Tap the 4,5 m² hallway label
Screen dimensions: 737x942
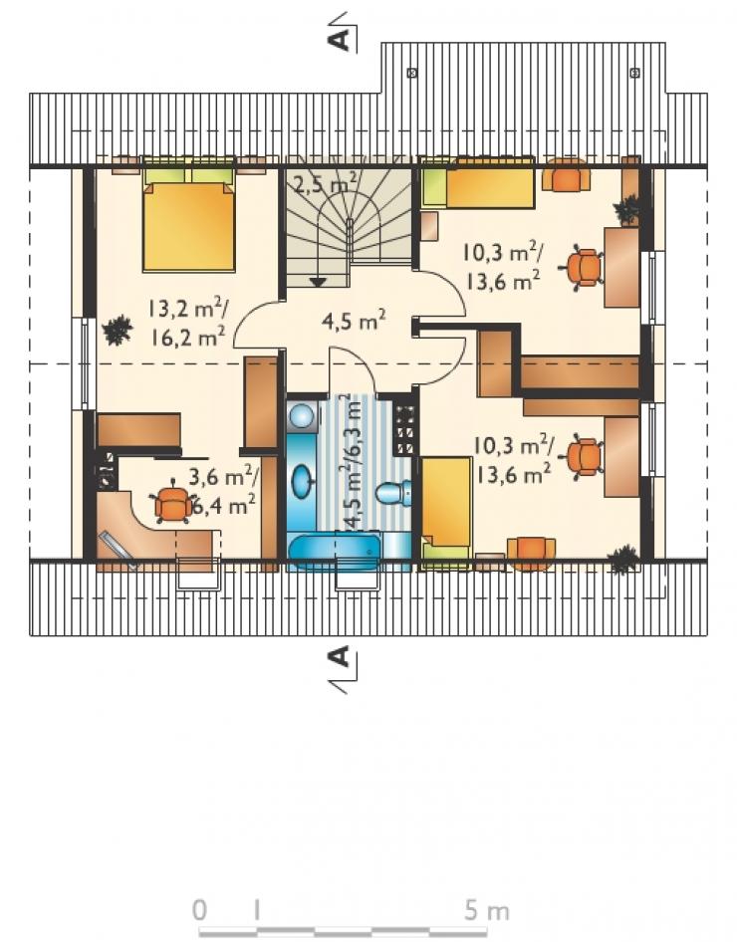point(354,321)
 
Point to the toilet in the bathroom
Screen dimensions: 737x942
point(394,493)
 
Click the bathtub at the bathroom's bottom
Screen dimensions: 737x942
point(334,549)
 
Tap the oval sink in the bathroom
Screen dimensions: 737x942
point(302,481)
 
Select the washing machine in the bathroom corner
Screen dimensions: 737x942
point(302,415)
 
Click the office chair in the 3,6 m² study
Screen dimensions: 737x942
point(173,502)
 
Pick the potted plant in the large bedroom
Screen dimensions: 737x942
point(117,331)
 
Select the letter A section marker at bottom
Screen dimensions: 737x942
point(339,657)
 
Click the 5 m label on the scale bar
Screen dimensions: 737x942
point(486,911)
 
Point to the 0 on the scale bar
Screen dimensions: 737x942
point(200,911)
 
